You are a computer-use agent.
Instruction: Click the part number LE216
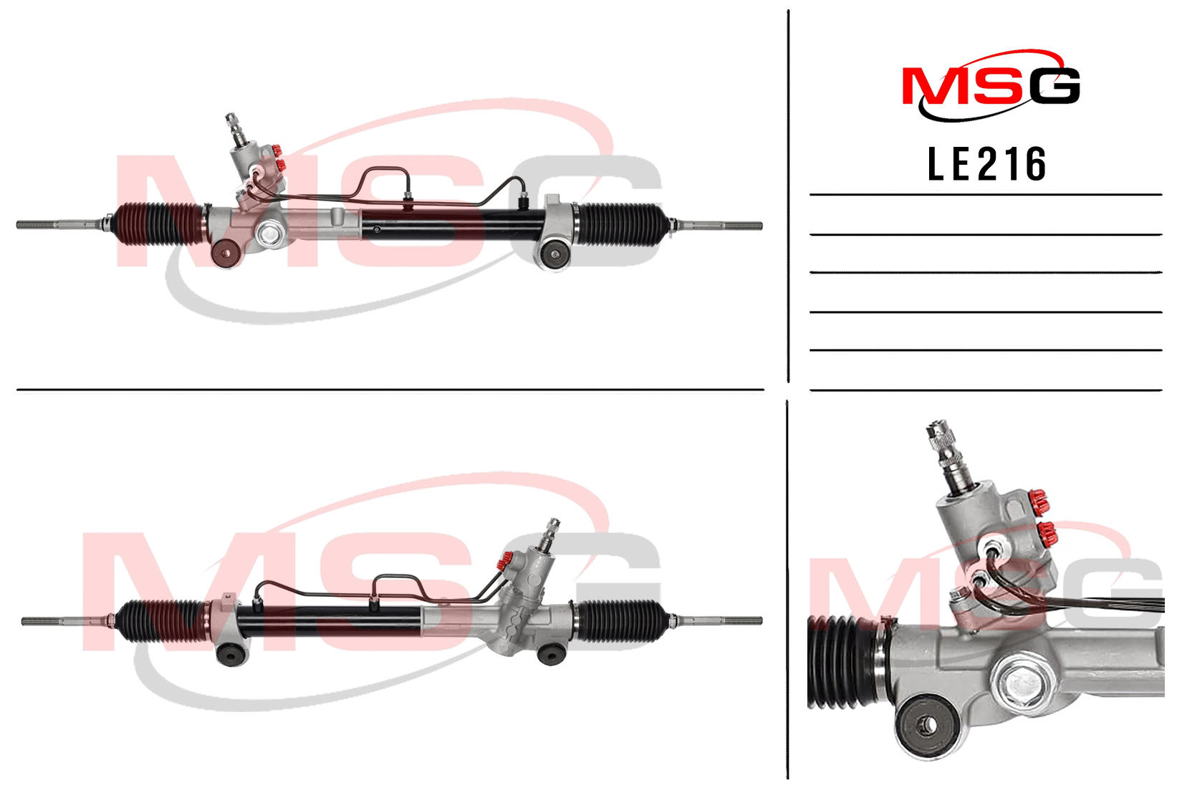(x=986, y=163)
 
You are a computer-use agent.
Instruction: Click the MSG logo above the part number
(x=991, y=85)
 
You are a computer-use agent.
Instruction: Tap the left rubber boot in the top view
(x=158, y=224)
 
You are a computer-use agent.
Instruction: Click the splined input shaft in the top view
(x=236, y=130)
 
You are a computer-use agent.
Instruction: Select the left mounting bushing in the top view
(x=226, y=254)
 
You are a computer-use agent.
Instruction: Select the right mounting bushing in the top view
(x=554, y=254)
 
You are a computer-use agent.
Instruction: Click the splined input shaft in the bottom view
(x=549, y=534)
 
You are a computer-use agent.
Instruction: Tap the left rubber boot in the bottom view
(x=161, y=620)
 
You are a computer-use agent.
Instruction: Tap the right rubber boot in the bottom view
(x=622, y=620)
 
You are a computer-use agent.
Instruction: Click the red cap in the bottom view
(x=504, y=561)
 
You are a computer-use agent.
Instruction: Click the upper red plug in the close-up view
(x=1038, y=502)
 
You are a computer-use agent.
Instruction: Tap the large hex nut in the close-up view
(x=1022, y=685)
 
